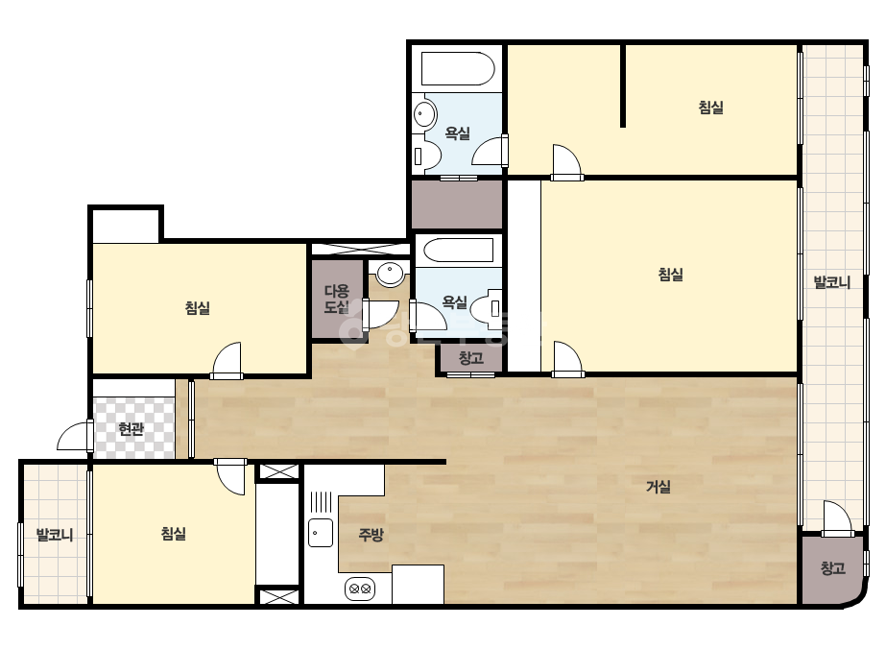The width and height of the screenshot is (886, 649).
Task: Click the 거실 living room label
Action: pos(659,486)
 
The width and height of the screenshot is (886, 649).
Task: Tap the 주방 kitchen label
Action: pos(371,534)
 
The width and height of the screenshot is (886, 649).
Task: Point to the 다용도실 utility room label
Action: pos(337,300)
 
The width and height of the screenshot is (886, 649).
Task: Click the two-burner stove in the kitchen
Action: pos(360,589)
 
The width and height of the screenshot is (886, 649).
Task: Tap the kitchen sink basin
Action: pos(321,533)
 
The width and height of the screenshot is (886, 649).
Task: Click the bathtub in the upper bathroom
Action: pos(458,69)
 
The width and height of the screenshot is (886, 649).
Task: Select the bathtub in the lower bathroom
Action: pos(458,251)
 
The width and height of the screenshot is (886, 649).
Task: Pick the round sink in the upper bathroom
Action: pos(424,114)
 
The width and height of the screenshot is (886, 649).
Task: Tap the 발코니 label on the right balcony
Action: pos(831,282)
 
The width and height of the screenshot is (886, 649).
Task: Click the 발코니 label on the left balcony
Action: pos(55,534)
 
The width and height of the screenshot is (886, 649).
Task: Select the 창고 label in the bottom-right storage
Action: pos(833,567)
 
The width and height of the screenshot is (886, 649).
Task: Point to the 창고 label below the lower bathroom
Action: pos(470,358)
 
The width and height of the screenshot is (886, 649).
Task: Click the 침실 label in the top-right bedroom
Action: pos(711,107)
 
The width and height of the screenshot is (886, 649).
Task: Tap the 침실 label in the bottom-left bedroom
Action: pos(174,533)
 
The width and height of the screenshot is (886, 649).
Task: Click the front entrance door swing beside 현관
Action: pos(75,436)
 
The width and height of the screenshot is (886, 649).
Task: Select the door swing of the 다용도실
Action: pos(380,314)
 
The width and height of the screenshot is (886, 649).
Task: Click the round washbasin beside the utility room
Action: pos(390,275)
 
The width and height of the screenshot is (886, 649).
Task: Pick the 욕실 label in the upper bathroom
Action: pos(457,133)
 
